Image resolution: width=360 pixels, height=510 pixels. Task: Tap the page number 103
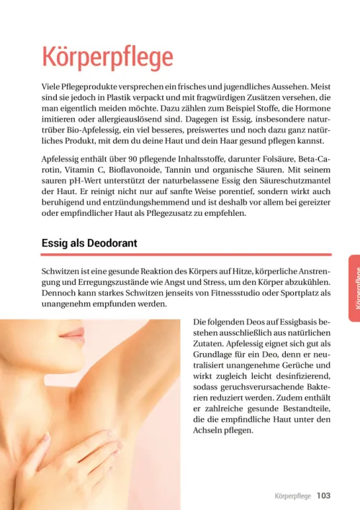323,496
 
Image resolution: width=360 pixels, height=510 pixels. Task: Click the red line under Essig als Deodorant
186,255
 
